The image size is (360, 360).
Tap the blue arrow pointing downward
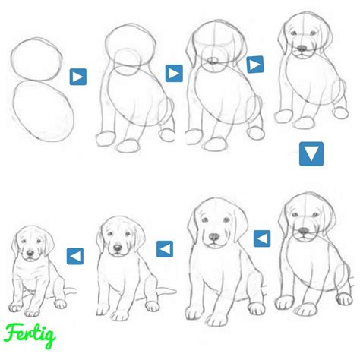[x=311, y=154]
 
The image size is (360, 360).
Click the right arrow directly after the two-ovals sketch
[x=77, y=77]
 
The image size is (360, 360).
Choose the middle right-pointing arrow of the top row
[x=174, y=74]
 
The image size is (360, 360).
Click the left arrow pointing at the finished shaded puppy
[x=74, y=256]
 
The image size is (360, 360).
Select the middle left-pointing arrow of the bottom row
[x=164, y=248]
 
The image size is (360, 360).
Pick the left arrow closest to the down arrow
[x=261, y=239]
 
